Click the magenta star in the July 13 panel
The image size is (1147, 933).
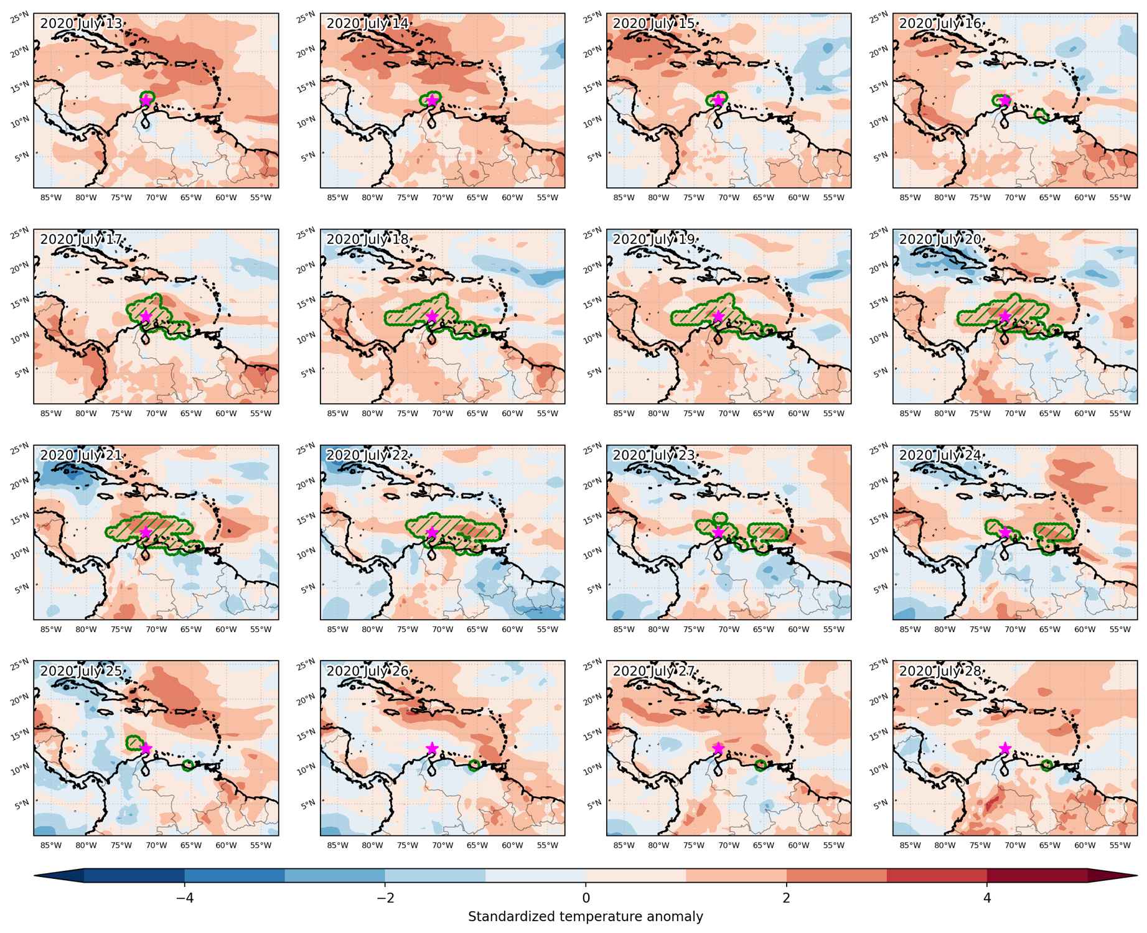pos(146,100)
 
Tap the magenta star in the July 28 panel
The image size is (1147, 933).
pos(1004,748)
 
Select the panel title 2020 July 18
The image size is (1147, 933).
pos(368,239)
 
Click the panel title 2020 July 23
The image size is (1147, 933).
pos(654,455)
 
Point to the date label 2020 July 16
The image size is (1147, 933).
pos(940,23)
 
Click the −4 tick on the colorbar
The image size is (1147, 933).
pos(184,898)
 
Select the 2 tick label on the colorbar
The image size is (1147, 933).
pos(787,898)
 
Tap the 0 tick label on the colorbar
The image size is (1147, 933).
pos(586,898)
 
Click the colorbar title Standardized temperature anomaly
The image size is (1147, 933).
pos(586,917)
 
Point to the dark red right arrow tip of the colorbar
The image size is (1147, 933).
pos(1136,875)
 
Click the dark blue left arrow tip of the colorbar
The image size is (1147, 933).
pos(35,875)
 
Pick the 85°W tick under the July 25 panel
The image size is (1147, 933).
pos(51,845)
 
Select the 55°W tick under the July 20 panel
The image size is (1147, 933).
pos(1120,413)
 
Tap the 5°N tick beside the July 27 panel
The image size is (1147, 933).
pos(594,803)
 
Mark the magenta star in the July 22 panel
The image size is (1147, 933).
pos(432,532)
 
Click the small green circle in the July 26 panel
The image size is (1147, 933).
pos(474,766)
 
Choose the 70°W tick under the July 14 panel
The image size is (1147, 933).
pos(442,197)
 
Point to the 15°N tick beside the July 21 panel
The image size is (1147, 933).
pos(20,518)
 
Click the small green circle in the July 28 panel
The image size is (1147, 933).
pos(1047,766)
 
